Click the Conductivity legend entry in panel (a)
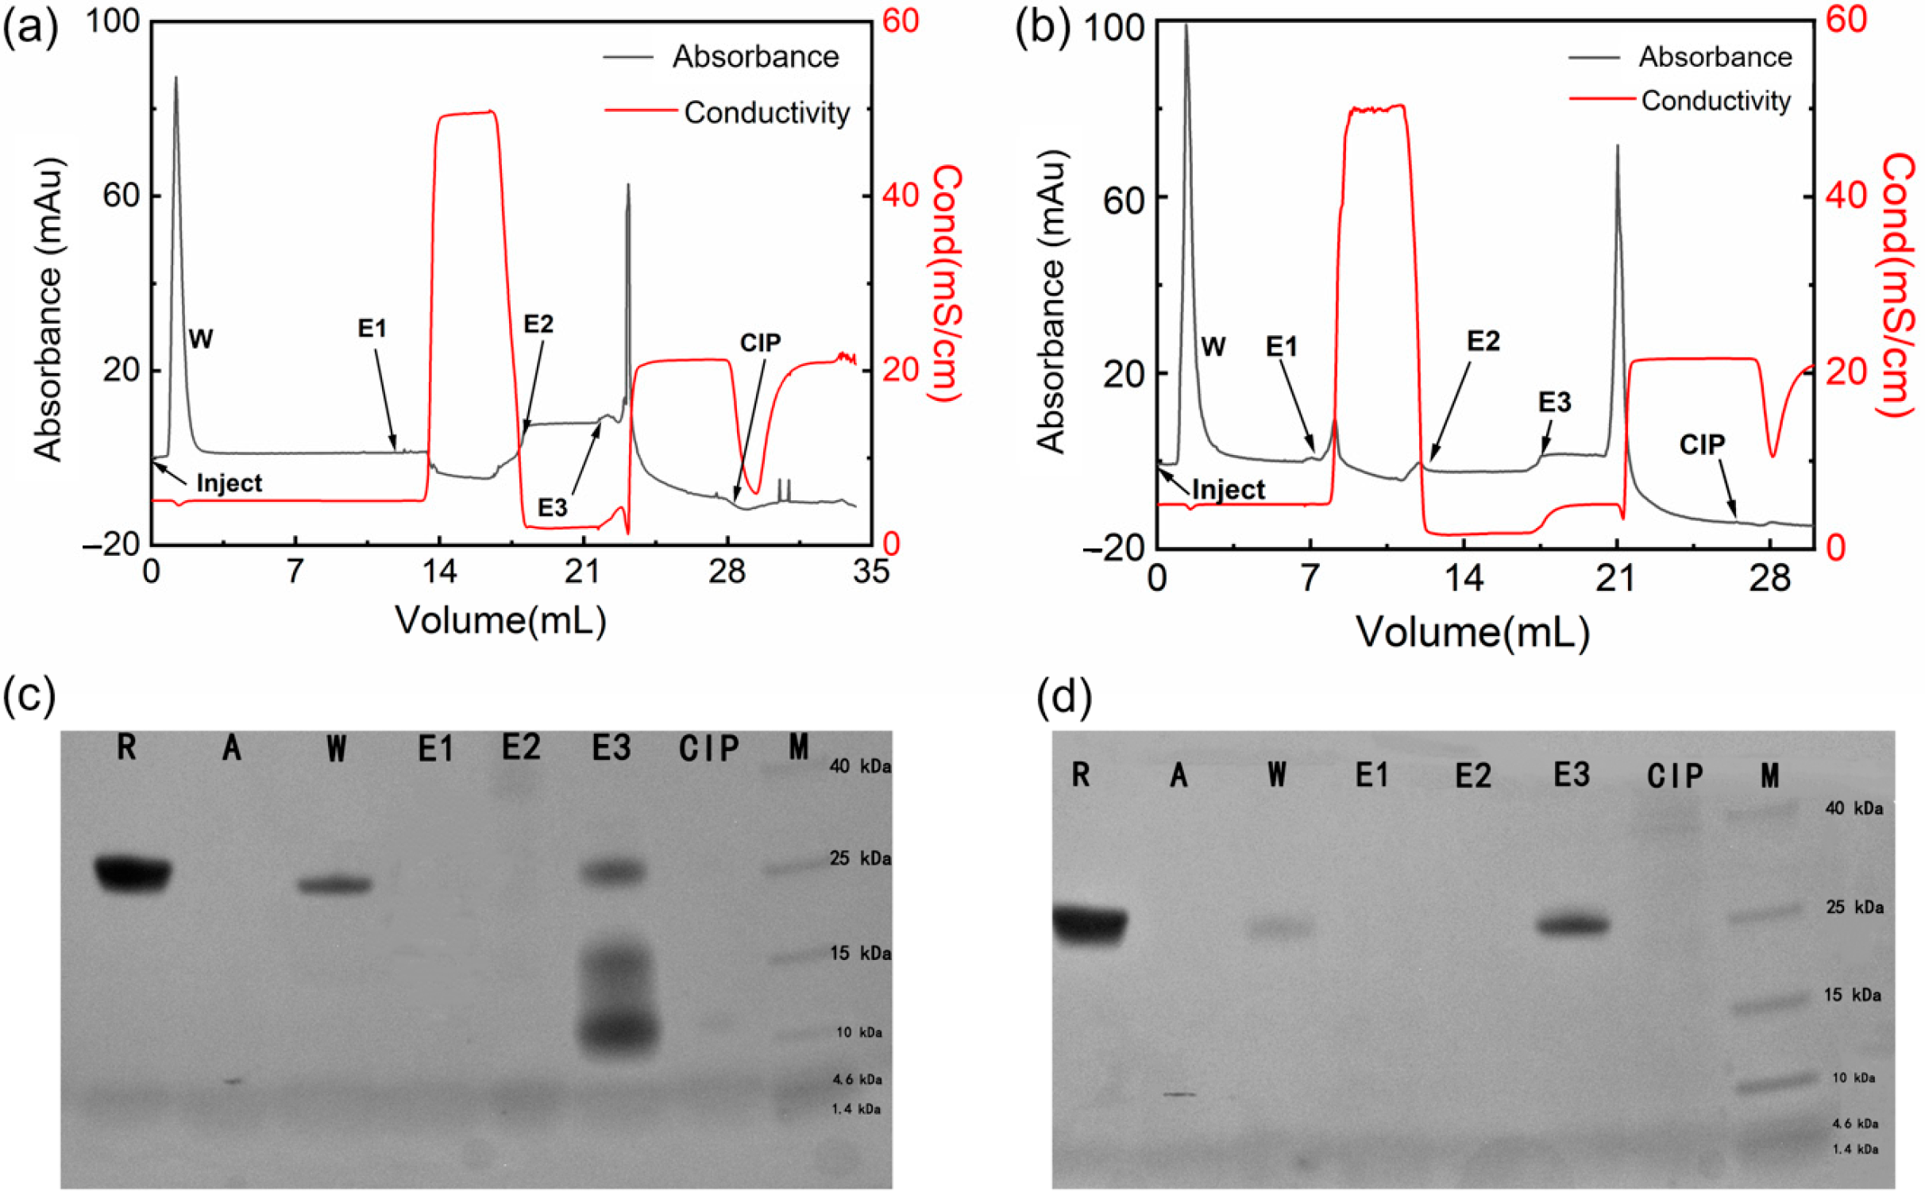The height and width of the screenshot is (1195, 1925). (766, 113)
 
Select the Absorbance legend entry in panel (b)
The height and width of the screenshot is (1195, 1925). (1715, 57)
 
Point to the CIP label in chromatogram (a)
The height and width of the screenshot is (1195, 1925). (760, 343)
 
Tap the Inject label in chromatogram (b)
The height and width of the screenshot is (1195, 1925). (1228, 490)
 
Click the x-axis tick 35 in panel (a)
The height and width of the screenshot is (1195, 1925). (871, 572)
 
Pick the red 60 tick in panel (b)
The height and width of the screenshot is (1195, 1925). (1846, 19)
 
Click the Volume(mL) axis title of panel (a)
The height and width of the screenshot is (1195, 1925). (500, 620)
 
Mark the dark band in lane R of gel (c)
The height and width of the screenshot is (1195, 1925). (133, 873)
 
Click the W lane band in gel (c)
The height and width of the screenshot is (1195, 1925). (334, 885)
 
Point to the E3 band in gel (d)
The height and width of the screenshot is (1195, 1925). (1572, 925)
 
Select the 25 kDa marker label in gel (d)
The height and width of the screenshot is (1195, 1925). (1854, 907)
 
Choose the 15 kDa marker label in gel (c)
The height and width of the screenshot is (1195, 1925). (860, 953)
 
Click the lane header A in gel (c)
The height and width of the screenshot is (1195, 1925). (231, 748)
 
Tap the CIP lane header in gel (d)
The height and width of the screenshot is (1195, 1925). (1675, 776)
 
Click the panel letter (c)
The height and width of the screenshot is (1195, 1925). (29, 696)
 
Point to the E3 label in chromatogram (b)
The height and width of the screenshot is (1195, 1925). (1554, 403)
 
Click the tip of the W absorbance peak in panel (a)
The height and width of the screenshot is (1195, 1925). (176, 78)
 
